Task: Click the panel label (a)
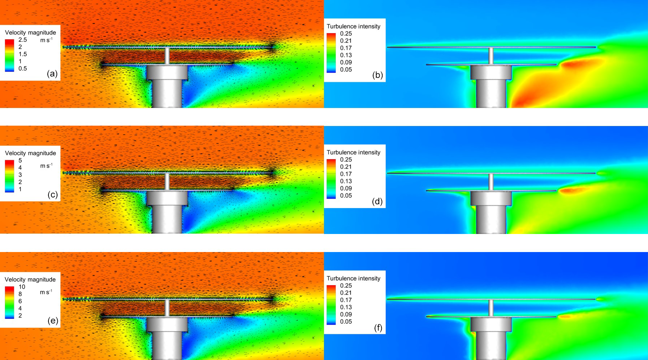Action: coord(52,74)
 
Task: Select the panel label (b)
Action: coord(377,75)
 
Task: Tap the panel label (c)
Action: coord(52,195)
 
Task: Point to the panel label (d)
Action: coord(377,201)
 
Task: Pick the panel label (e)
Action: coord(52,321)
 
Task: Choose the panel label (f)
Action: coord(378,328)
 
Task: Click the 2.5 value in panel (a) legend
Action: coord(22,40)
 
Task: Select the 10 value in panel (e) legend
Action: coord(22,287)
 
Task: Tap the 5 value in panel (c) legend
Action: coord(20,160)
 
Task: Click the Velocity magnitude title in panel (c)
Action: coord(30,153)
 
